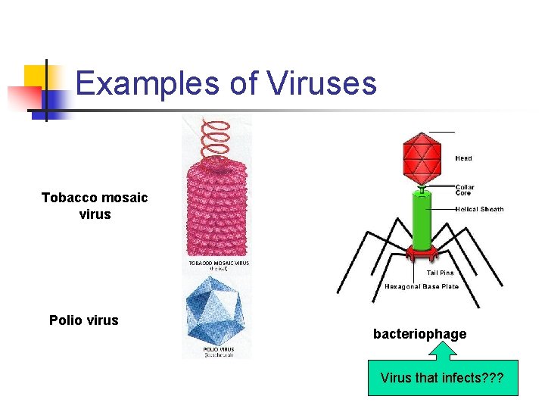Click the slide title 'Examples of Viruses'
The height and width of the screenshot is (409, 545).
(226, 83)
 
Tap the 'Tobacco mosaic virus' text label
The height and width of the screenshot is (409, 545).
(95, 206)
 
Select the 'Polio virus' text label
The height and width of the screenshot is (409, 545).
(84, 320)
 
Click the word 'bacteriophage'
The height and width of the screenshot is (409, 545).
(419, 334)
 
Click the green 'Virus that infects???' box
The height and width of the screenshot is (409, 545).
(443, 378)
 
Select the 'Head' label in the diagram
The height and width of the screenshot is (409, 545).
(463, 158)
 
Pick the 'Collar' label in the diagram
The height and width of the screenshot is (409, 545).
(465, 187)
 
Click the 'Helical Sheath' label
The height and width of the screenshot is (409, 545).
(479, 209)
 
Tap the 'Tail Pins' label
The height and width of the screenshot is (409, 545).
(441, 273)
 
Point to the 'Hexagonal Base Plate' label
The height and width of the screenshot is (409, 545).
(422, 287)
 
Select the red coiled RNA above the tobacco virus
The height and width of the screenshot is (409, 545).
(217, 136)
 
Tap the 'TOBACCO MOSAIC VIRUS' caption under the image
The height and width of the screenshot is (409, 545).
(219, 264)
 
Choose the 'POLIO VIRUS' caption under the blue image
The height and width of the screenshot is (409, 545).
(218, 350)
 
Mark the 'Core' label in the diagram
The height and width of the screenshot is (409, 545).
(462, 193)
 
